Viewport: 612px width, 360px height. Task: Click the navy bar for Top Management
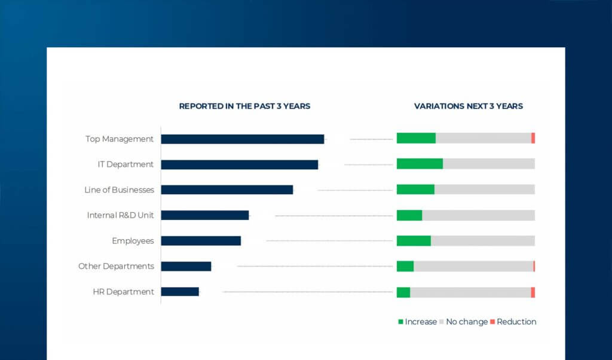tap(242, 139)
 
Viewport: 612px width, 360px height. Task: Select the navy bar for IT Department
tap(239, 164)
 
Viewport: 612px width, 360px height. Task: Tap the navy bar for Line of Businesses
tap(227, 190)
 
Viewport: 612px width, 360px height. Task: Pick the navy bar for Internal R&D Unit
tap(204, 215)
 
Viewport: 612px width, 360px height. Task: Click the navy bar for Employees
tap(201, 240)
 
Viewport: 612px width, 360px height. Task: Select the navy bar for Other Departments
tap(186, 266)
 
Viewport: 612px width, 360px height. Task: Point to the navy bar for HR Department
tap(180, 292)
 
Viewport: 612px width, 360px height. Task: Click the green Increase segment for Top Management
tap(416, 138)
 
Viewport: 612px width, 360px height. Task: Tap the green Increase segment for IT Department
tap(420, 164)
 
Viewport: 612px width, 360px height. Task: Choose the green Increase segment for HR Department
tap(403, 292)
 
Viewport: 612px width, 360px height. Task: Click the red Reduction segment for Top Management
tap(533, 138)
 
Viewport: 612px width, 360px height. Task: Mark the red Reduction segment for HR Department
tap(533, 292)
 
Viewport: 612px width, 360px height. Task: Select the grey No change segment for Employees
tap(482, 240)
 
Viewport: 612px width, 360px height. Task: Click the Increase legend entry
tap(417, 322)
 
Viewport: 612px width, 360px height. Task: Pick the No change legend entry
tap(464, 322)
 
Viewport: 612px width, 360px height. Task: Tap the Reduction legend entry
tap(513, 322)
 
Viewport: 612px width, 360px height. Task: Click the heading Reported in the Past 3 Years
tap(244, 106)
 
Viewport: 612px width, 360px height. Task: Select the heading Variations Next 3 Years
tap(468, 106)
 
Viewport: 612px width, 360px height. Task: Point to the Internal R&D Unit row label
tap(120, 215)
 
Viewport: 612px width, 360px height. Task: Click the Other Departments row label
tap(116, 266)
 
